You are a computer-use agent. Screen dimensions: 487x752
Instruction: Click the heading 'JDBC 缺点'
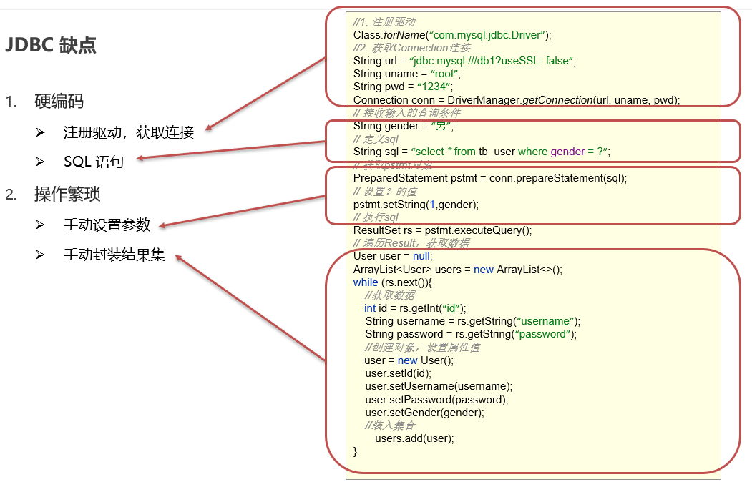[x=51, y=46]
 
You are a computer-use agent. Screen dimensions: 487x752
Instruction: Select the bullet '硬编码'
[x=59, y=101]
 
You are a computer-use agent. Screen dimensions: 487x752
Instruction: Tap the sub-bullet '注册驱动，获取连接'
[x=129, y=132]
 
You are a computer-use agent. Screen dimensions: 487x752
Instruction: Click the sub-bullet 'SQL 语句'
[x=93, y=162]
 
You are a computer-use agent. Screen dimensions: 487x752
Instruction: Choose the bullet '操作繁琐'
[x=67, y=194]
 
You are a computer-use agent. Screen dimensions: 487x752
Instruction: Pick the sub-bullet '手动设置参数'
[x=107, y=225]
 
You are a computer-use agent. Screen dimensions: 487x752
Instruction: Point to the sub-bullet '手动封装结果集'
[x=114, y=255]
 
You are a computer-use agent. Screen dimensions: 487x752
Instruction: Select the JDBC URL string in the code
[x=493, y=61]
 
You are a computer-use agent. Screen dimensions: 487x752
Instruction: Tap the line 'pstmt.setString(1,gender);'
[x=416, y=205]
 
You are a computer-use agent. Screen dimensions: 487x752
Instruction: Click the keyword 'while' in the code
[x=366, y=282]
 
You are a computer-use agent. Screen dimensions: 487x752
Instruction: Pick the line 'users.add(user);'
[x=414, y=438]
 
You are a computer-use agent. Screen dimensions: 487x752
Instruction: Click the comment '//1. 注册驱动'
[x=384, y=22]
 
